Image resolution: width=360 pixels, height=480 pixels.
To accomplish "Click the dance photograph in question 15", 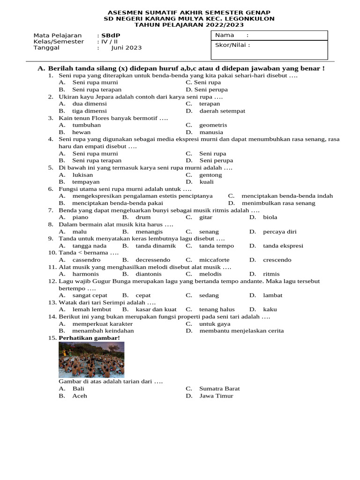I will [x=91, y=360].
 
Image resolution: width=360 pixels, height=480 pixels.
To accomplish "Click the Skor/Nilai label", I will [x=232, y=45].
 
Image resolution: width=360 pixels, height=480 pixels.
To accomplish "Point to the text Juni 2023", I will [x=126, y=48].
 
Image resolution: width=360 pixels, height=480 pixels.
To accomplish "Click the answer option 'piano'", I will [x=81, y=217].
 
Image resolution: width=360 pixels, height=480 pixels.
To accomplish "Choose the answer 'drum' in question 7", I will [x=143, y=217].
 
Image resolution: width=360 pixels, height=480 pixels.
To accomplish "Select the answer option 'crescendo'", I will [x=277, y=260].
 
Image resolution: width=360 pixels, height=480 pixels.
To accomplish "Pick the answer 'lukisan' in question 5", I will [x=82, y=175].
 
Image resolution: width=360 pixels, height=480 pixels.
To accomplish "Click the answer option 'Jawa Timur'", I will [x=216, y=396].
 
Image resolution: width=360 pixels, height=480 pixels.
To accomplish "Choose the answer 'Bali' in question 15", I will [x=78, y=389].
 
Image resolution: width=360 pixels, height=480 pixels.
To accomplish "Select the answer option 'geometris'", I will [x=213, y=125].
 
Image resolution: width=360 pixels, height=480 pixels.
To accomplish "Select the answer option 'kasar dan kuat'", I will [x=156, y=309].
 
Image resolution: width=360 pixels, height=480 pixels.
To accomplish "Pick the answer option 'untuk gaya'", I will [x=215, y=324].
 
